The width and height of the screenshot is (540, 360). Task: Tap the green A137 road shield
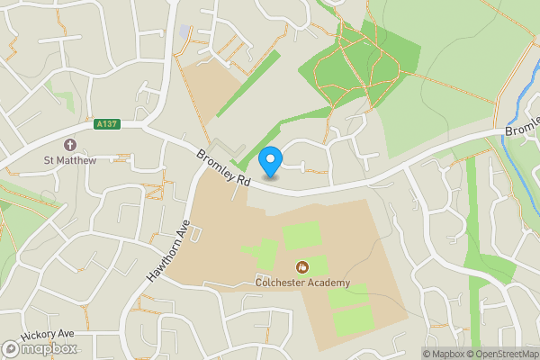tap(105, 126)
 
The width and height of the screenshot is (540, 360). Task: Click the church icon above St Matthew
tap(69, 145)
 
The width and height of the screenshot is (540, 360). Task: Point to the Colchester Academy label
tap(301, 283)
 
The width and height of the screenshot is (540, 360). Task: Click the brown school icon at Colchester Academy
tap(301, 266)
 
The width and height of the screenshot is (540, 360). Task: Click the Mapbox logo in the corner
tap(40, 348)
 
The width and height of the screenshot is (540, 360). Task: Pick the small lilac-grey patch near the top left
tap(185, 31)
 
